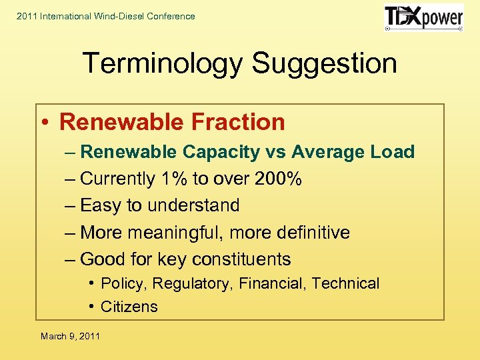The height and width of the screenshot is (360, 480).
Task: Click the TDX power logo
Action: click(423, 18)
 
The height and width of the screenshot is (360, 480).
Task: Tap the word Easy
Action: click(101, 205)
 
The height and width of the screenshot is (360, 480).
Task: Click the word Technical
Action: click(345, 283)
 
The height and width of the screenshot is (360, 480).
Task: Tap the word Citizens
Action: click(129, 307)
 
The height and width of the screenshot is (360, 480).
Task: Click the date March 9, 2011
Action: click(70, 336)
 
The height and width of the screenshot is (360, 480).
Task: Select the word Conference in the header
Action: click(171, 16)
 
